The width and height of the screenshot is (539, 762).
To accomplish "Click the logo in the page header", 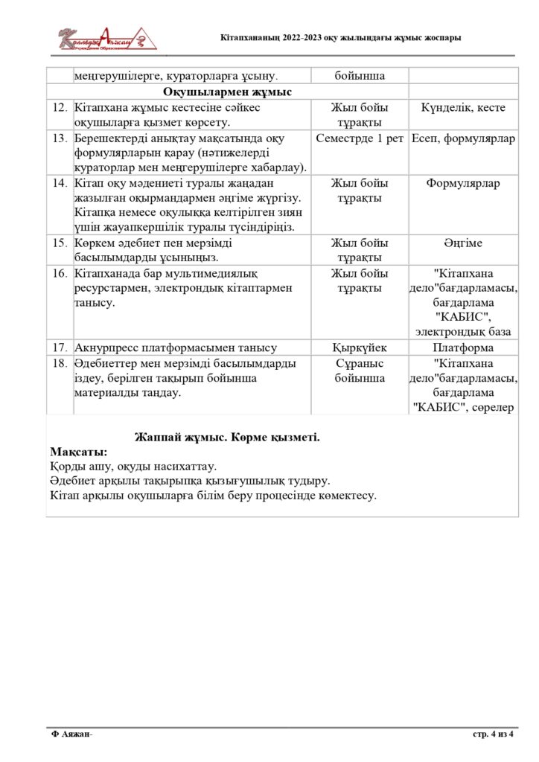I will [108, 39].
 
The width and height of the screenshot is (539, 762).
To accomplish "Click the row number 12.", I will [60, 108].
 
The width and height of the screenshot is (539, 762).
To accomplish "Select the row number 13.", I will [60, 138].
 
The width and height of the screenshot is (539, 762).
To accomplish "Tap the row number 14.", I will [60, 183].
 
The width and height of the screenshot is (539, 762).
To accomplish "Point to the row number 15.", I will [60, 243].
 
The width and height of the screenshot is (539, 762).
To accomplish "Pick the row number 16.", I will [60, 273].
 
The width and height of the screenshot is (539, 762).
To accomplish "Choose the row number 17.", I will [60, 348].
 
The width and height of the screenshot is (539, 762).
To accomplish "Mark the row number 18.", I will [60, 363].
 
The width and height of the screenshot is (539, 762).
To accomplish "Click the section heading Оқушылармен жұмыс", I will [227, 92].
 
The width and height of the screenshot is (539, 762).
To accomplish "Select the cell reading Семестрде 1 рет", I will [360, 138].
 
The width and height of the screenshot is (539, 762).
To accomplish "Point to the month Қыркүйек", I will [360, 348].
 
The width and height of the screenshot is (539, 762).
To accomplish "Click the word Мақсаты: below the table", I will [78, 452].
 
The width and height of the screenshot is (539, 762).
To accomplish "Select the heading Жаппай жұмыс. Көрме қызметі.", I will [227, 437].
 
